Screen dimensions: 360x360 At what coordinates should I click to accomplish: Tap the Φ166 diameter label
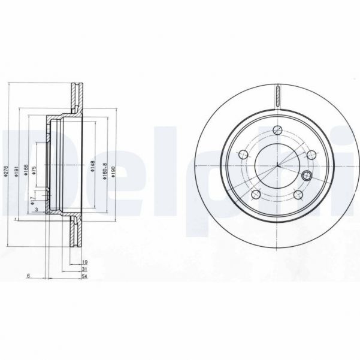point(25,172)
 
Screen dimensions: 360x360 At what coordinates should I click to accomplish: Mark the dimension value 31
point(85,269)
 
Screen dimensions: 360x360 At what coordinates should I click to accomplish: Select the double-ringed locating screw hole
point(308,175)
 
